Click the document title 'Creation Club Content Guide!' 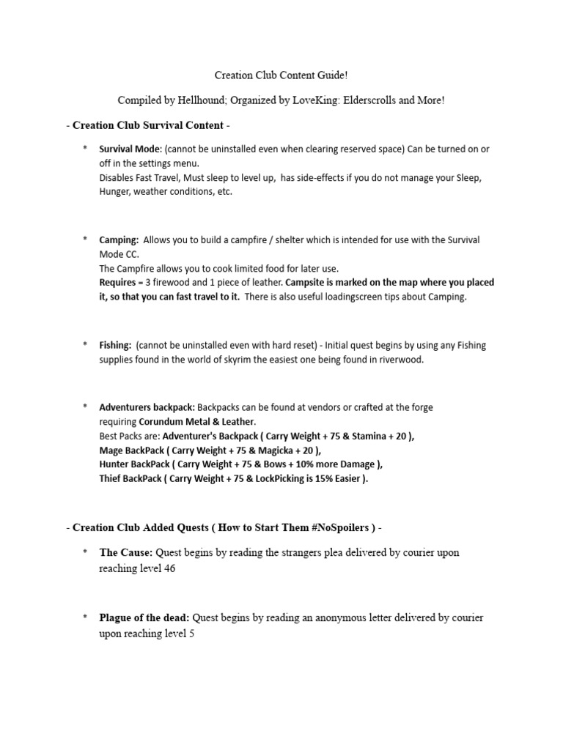point(281,75)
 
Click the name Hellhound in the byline point(219,100)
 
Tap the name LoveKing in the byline point(311,100)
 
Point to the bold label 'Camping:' point(119,240)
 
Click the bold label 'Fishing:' point(116,345)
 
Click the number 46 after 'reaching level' point(169,568)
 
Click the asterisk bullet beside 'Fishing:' point(85,345)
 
